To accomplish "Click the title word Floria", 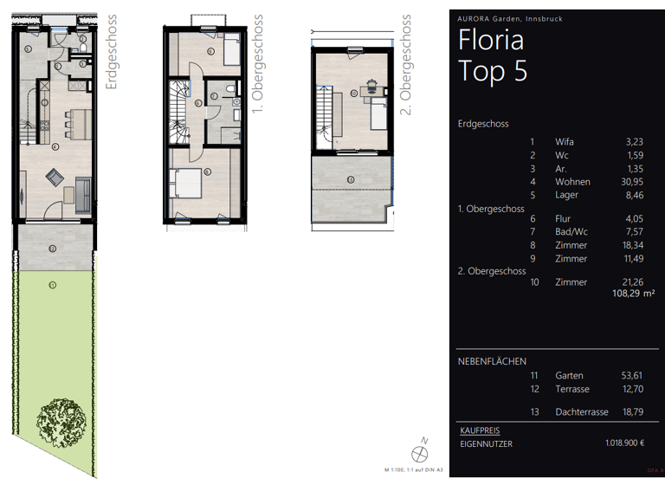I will [490, 41].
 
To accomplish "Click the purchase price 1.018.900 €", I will [624, 443].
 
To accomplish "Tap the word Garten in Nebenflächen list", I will [569, 376].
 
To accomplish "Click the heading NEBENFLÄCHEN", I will [492, 361].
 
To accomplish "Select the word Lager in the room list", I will [567, 195].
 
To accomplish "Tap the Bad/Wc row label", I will [572, 232].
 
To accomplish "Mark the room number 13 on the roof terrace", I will [349, 179].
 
